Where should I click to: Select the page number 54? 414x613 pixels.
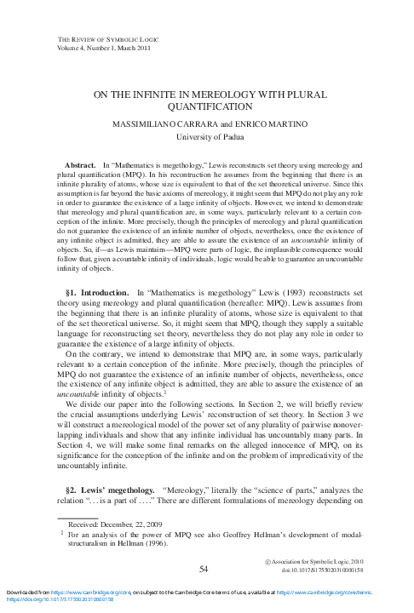204,568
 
